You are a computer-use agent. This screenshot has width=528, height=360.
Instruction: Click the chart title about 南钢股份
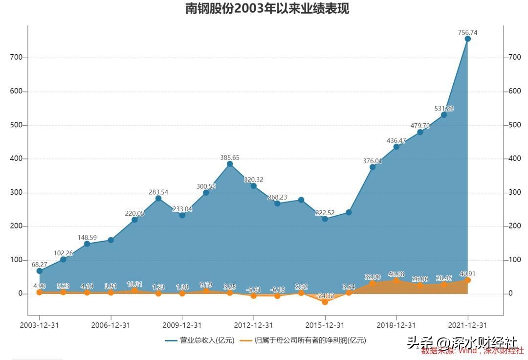point(267,9)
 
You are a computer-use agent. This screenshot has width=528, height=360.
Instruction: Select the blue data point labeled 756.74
point(467,39)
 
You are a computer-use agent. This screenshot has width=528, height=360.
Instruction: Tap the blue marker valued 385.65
point(230,164)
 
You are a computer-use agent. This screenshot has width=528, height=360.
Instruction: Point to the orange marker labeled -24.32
point(325,302)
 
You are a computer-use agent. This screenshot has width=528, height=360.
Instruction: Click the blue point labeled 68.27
point(40,270)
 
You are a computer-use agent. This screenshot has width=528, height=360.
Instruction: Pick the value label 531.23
point(444,109)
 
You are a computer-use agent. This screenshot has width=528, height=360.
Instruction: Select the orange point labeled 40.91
point(467,280)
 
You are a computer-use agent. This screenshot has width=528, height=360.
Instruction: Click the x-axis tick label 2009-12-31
point(182,325)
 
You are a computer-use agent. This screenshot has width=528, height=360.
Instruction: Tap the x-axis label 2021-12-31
point(467,325)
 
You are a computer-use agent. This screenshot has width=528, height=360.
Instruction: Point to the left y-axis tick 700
point(17,57)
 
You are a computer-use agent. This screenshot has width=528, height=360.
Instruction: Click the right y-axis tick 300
point(514,192)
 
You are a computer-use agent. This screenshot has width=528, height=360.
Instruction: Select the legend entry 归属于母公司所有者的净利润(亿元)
point(303,340)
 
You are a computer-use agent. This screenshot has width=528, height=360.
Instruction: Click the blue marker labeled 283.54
point(158,198)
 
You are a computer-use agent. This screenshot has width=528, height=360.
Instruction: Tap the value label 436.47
point(396,140)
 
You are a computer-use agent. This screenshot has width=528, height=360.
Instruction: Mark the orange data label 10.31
point(134,284)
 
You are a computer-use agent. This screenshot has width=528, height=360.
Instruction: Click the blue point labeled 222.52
point(325,219)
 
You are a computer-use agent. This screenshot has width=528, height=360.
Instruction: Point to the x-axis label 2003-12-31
point(39,325)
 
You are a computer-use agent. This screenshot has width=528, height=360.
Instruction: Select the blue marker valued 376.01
point(373,167)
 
